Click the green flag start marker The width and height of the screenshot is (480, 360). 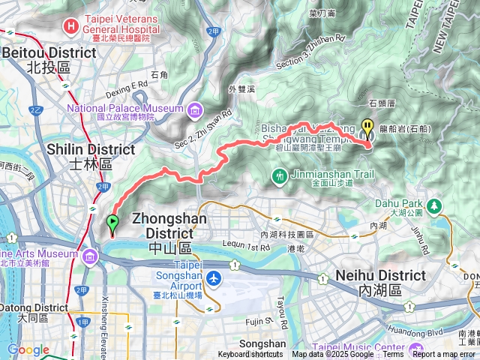click(x=112, y=223)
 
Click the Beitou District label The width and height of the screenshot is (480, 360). click(x=49, y=53)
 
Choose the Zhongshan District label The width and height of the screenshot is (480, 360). click(x=173, y=220)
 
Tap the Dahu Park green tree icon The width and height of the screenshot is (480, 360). click(x=433, y=204)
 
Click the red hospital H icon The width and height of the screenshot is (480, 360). click(x=70, y=25)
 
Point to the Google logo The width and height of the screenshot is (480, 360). click(x=28, y=350)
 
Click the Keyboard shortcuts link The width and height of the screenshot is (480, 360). click(x=250, y=355)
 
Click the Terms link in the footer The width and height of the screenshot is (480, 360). click(x=393, y=355)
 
